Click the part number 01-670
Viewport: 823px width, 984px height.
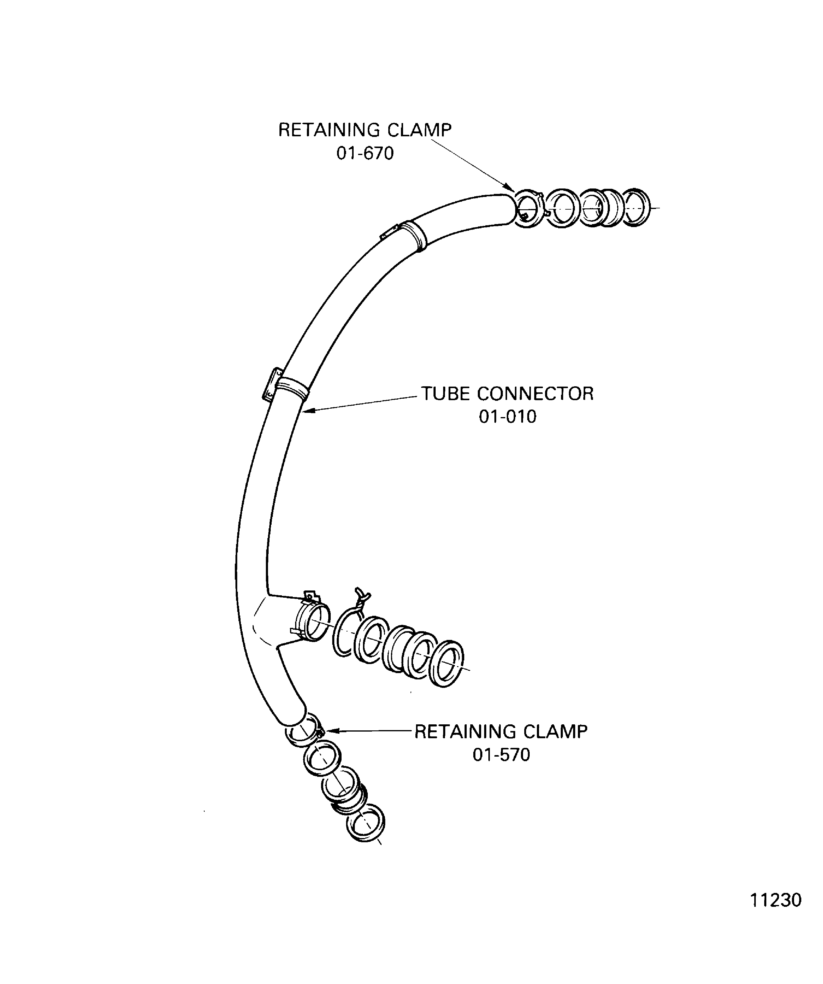pos(365,153)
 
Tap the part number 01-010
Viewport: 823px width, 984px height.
pos(507,416)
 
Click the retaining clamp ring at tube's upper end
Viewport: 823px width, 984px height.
pos(528,208)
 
